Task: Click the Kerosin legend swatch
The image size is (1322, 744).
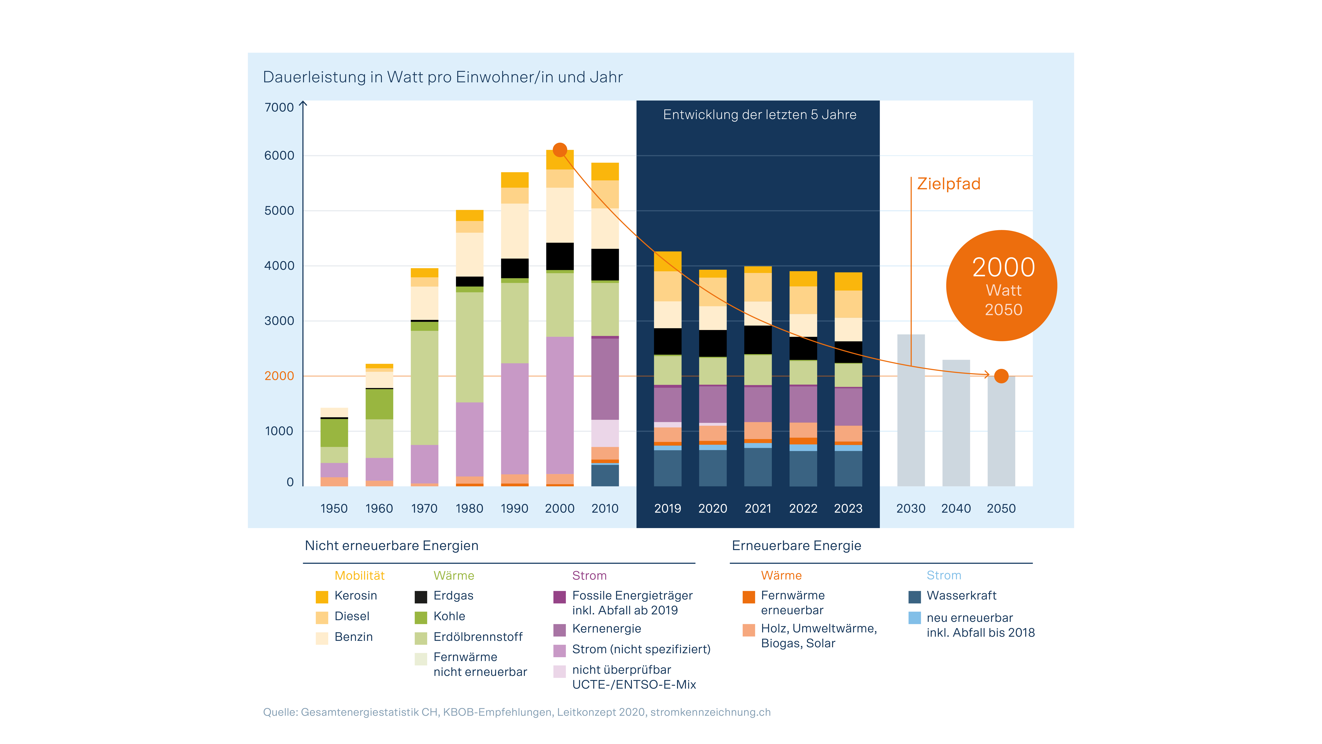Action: pyautogui.click(x=322, y=597)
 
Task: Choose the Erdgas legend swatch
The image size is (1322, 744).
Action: pyautogui.click(x=421, y=597)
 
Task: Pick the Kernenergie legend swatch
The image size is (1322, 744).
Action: pyautogui.click(x=559, y=629)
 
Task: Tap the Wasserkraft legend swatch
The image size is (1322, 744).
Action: pyautogui.click(x=914, y=597)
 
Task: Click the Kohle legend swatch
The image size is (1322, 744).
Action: pyautogui.click(x=421, y=617)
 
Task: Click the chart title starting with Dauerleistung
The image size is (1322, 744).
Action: pyautogui.click(x=442, y=77)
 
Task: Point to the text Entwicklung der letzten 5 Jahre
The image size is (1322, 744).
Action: pyautogui.click(x=759, y=115)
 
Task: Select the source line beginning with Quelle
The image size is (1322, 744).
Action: pyautogui.click(x=516, y=712)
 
